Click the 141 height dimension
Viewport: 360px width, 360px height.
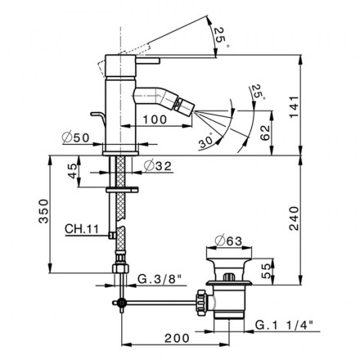click(x=294, y=106)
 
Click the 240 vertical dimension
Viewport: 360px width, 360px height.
click(x=294, y=218)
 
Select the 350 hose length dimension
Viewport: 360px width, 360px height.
click(x=43, y=211)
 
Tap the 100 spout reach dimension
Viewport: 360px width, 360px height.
click(x=155, y=119)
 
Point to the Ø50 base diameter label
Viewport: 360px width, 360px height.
click(x=75, y=137)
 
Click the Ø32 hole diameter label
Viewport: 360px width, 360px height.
click(x=157, y=165)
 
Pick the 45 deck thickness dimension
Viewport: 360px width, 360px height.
click(x=73, y=171)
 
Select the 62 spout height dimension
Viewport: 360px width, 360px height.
click(x=265, y=133)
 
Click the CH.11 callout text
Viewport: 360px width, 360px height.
click(x=82, y=229)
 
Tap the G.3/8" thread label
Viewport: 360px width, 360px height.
click(x=160, y=279)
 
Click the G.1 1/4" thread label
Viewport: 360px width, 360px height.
click(x=284, y=325)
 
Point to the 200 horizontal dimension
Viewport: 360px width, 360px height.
click(x=177, y=338)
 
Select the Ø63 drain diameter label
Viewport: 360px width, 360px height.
click(x=228, y=241)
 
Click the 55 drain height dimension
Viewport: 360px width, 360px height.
click(x=268, y=272)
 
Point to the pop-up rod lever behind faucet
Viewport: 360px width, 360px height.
click(x=98, y=117)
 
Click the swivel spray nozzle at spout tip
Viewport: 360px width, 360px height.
click(x=184, y=105)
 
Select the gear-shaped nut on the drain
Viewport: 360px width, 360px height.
click(x=201, y=303)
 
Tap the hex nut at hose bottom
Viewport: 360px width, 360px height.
click(x=120, y=268)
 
